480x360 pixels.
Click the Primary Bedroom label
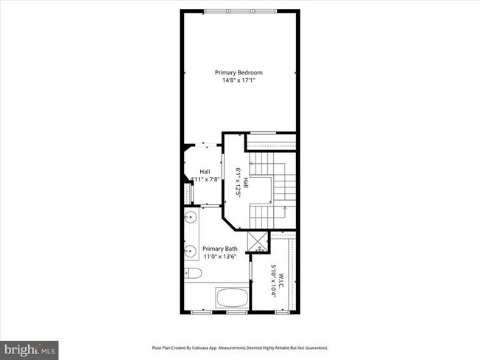(x=239, y=72)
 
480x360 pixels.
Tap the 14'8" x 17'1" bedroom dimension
(x=239, y=80)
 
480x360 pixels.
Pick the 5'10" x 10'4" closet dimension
(x=272, y=280)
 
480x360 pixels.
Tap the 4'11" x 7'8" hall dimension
(x=205, y=179)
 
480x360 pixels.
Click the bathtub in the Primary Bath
(x=233, y=299)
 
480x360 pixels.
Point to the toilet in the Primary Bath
(x=193, y=274)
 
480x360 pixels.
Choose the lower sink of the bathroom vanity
(x=189, y=251)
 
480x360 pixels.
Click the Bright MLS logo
(x=30, y=347)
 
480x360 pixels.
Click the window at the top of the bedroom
(x=241, y=10)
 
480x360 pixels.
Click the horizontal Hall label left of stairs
(x=205, y=172)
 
